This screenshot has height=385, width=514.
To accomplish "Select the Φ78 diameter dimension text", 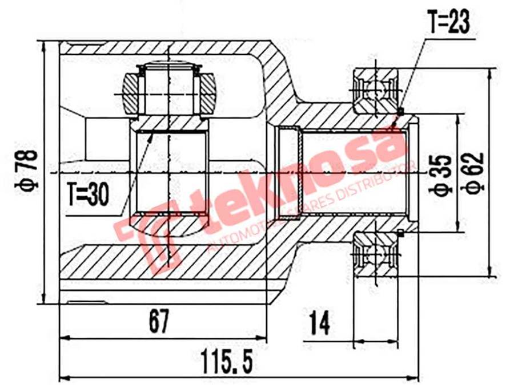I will coord(28,169).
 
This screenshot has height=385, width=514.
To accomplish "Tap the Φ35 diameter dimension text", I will coord(443,173).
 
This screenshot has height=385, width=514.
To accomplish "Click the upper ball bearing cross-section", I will coord(374,90).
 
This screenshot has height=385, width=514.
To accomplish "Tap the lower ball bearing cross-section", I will coord(374,253).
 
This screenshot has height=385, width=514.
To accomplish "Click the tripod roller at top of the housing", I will coord(170,88).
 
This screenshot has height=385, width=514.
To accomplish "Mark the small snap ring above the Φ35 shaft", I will coord(401,110).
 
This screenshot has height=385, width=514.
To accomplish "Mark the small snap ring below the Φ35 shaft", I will coord(401,232).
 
